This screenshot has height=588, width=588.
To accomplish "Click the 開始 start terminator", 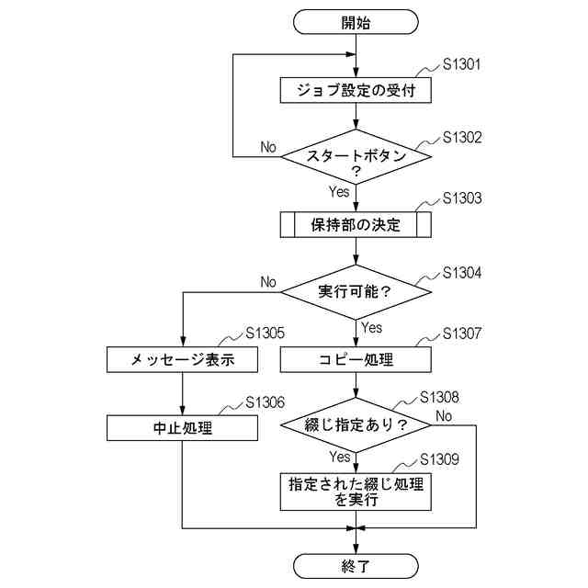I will pyautogui.click(x=356, y=22).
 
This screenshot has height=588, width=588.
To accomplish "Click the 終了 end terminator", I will pyautogui.click(x=356, y=565).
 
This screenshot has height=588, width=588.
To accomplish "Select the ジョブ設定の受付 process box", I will pyautogui.click(x=356, y=91).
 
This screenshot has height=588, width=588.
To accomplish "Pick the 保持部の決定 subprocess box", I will pyautogui.click(x=356, y=225).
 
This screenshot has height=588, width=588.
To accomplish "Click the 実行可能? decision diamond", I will pyautogui.click(x=356, y=292).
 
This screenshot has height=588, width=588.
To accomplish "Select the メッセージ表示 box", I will pyautogui.click(x=184, y=360).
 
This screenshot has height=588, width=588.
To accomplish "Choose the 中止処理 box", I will pyautogui.click(x=184, y=428).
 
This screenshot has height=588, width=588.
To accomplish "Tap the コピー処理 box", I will pyautogui.click(x=356, y=360).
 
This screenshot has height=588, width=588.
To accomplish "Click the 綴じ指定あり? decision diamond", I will pyautogui.click(x=356, y=425).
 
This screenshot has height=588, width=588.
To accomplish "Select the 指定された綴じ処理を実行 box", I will pyautogui.click(x=356, y=492).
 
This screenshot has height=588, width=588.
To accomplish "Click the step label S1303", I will pyautogui.click(x=462, y=198).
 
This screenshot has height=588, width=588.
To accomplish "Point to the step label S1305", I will pyautogui.click(x=266, y=334).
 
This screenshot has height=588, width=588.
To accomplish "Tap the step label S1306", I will pyautogui.click(x=266, y=402).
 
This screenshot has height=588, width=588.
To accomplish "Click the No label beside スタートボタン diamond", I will pyautogui.click(x=268, y=147).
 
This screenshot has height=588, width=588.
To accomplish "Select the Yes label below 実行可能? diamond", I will pyautogui.click(x=372, y=327).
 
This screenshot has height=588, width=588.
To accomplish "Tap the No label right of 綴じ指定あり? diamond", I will pyautogui.click(x=445, y=415).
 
